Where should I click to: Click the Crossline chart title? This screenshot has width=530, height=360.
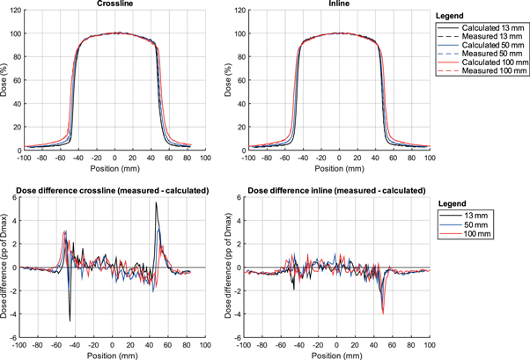(x=115, y=5)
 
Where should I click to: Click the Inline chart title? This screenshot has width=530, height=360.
(x=339, y=5)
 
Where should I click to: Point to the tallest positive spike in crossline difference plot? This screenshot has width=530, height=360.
(x=156, y=202)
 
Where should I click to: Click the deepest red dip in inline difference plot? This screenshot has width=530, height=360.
(x=383, y=312)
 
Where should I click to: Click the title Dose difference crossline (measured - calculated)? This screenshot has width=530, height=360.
(x=115, y=189)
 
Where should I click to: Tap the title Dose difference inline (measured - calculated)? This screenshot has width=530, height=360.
(x=339, y=189)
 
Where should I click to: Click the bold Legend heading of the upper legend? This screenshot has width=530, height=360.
(x=453, y=16)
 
